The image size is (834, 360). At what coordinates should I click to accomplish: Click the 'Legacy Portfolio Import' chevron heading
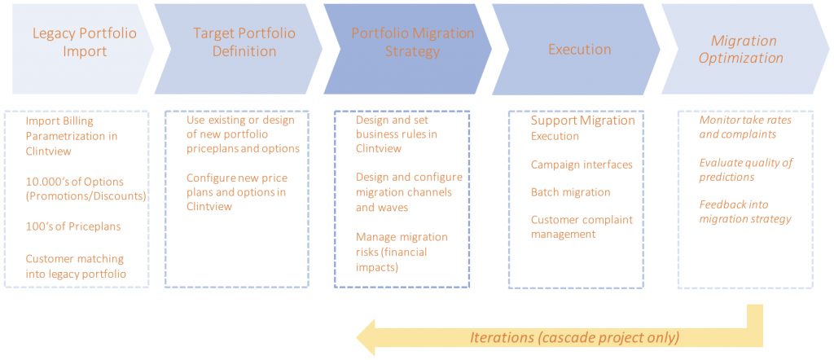point(85,42)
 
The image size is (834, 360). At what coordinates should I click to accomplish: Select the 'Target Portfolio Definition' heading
point(244,42)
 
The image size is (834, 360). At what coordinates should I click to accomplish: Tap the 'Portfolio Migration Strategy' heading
point(412,42)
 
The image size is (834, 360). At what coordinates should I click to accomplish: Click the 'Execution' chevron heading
point(580,50)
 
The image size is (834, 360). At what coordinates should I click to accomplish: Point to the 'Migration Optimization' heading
point(741,49)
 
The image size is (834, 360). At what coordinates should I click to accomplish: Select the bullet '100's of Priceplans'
point(73,226)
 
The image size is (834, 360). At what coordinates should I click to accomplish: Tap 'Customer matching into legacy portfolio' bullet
point(76,266)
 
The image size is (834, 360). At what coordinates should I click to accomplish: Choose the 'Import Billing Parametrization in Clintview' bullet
point(72,136)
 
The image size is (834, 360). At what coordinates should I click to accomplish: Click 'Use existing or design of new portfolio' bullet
point(243,134)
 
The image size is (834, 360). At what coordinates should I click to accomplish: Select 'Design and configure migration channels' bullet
point(409,192)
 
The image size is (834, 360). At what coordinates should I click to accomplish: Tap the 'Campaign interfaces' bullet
point(582,165)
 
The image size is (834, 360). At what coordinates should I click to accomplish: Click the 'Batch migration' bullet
point(571,192)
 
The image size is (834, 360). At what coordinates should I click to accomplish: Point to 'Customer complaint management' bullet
point(582,226)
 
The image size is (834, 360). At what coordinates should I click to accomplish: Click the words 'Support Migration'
point(583,121)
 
